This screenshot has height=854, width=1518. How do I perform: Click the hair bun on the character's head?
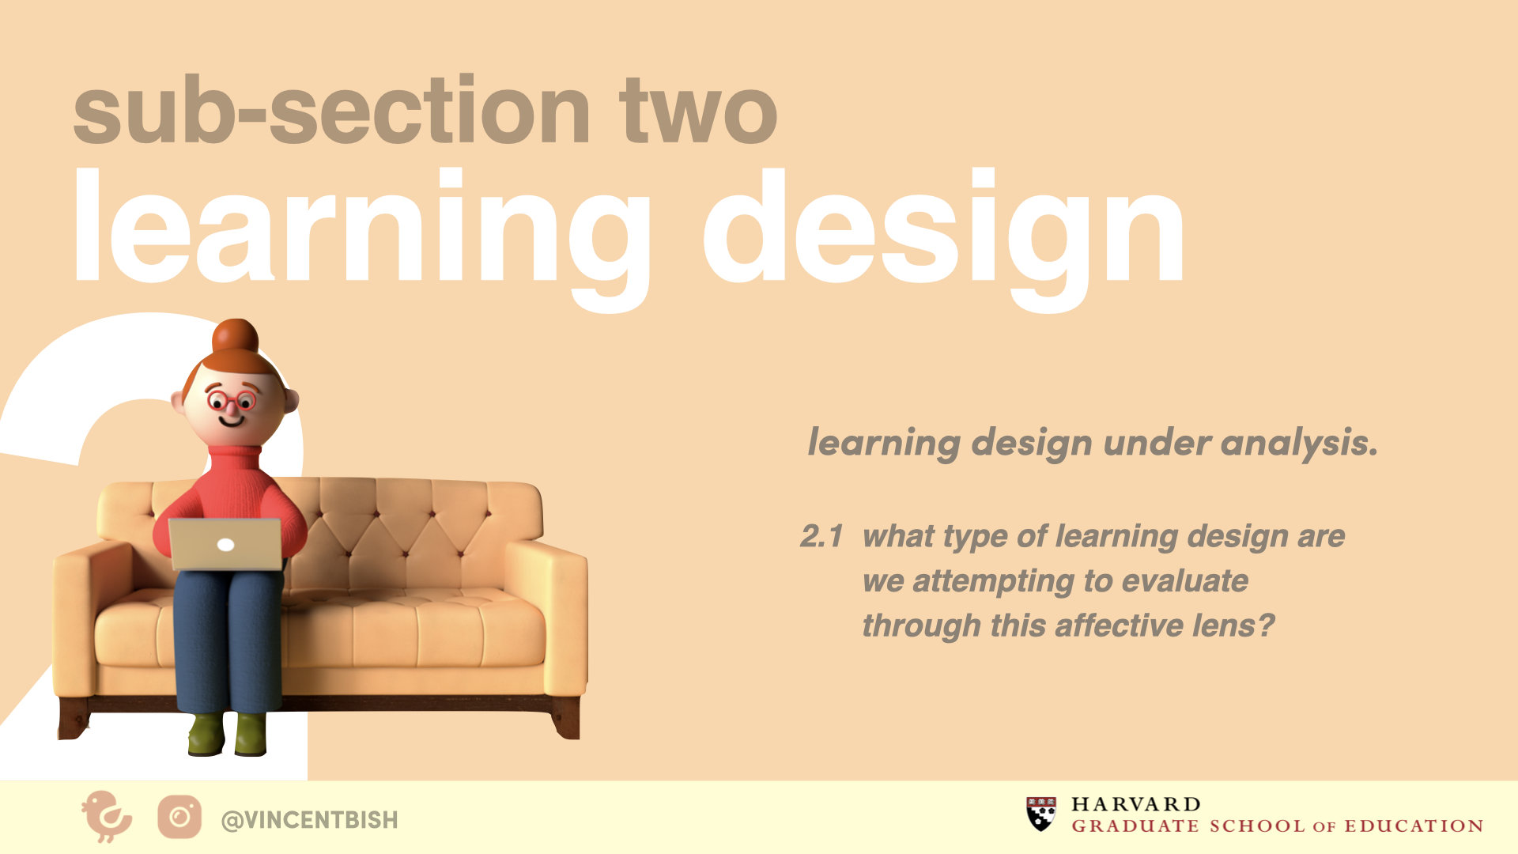tap(235, 335)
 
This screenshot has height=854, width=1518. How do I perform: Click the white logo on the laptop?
tap(225, 544)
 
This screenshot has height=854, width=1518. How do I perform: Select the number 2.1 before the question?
tap(821, 536)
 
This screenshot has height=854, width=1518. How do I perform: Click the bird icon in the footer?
tap(106, 817)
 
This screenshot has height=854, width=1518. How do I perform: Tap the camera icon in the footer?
tap(179, 817)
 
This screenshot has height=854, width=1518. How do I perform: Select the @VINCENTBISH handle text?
tap(309, 820)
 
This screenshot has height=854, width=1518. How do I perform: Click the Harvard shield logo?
tap(1041, 814)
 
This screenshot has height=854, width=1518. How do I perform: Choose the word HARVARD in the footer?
tap(1135, 804)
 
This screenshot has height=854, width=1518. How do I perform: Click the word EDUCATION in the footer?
tap(1414, 826)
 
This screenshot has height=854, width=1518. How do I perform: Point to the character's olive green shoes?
tap(228, 734)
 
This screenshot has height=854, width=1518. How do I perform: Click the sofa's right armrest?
tap(547, 609)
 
